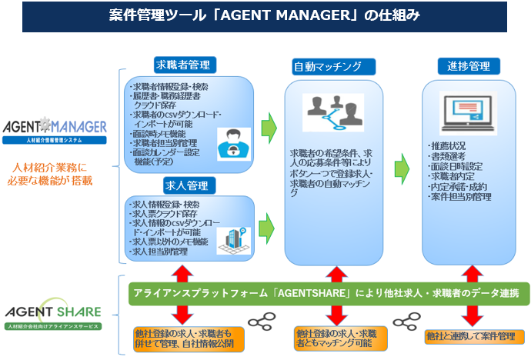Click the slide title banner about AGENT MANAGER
(265, 15)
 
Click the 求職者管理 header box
(182, 65)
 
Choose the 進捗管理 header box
(469, 65)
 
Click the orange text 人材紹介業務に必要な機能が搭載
(53, 174)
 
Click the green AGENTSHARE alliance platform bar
(327, 292)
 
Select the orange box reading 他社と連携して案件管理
(470, 336)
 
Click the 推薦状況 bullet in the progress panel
(449, 145)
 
